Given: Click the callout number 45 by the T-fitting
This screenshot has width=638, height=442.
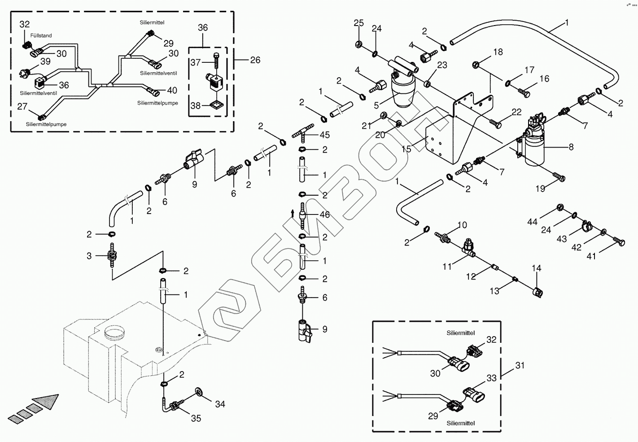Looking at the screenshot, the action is pos(324,135).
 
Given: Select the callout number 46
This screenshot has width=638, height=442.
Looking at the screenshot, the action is pos(324,214).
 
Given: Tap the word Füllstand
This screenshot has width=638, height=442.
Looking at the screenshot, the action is pos(41,35).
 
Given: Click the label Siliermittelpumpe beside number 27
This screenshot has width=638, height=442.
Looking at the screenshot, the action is pos(46,124).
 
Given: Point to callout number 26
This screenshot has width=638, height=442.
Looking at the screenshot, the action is pos(255,60).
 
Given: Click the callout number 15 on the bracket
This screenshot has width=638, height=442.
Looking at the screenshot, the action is pos(406,149).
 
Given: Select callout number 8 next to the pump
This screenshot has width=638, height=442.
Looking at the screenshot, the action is pos(571,147).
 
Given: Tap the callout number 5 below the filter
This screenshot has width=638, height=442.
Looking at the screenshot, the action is pos(376,105).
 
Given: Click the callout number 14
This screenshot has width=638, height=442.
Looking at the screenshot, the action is pos(537,268).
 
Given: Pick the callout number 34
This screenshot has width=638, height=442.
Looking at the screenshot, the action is pos(220,404).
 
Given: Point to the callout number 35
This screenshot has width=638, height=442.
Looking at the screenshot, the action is pos(196,418).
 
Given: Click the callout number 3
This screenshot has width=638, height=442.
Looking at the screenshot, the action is pos(89,256).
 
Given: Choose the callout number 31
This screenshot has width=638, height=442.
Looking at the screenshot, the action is pos(520,365).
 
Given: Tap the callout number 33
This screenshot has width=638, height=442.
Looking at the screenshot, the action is pos(492,378).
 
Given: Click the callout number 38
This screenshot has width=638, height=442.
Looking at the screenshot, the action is pos(195,105).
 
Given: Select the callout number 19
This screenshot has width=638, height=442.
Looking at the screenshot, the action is pos(540,188).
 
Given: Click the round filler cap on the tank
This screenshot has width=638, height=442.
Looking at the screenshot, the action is pos(115,332).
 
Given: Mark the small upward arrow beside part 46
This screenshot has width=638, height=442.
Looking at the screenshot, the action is pos(292,214).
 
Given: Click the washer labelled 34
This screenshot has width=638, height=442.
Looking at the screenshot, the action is pos(198,391).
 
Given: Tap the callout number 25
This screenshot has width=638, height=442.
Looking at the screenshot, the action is pos(358,23).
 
